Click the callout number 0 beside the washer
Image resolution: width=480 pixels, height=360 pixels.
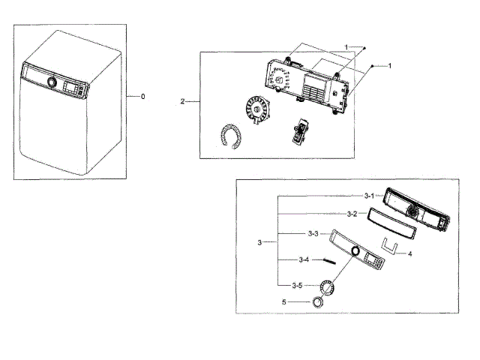[x=142, y=97]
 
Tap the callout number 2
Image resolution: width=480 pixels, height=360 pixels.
[x=183, y=100]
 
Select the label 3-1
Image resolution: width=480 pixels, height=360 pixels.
[x=370, y=196]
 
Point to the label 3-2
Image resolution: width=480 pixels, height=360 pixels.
[x=352, y=214]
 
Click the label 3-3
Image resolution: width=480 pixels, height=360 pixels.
[x=313, y=234]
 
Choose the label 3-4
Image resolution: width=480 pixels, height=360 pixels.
[x=304, y=259]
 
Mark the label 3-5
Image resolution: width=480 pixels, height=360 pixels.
[x=298, y=285]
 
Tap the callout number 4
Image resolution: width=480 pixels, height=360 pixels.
[x=410, y=253]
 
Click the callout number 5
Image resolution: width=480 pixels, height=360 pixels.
[x=284, y=301]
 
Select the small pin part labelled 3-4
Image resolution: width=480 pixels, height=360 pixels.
[x=329, y=260]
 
